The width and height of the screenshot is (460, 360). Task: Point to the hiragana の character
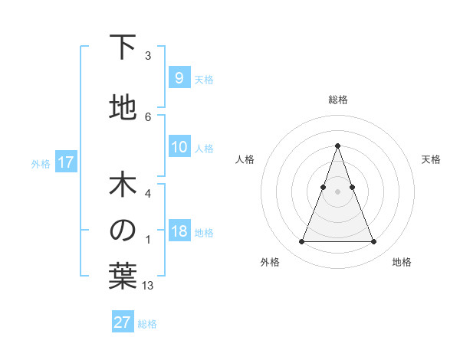coord(123,231)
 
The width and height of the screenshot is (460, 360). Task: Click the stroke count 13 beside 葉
coord(148,286)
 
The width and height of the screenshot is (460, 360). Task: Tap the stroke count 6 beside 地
coord(148,116)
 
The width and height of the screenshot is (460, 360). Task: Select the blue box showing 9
coord(179,77)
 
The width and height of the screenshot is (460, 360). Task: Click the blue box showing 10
coord(179,147)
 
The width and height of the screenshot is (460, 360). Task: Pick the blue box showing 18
coord(179,231)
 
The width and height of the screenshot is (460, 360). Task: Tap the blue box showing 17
coord(66,162)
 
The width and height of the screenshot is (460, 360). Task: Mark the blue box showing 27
coord(123,322)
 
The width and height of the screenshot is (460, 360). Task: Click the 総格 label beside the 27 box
coord(147,324)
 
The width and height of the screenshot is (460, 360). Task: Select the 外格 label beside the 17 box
coord(41,163)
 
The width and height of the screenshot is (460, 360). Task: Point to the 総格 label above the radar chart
coord(337,100)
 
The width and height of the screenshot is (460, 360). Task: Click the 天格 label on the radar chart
coord(431,159)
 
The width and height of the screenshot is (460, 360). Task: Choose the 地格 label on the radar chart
coord(402,262)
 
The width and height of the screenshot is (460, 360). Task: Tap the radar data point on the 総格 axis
coord(337,145)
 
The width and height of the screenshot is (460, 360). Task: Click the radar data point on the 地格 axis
coord(373,242)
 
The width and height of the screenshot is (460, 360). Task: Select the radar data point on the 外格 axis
coord(301,242)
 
